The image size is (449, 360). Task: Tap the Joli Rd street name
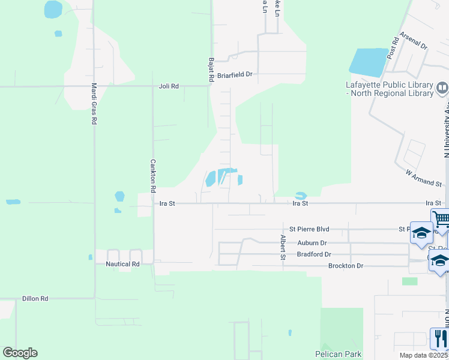tap(169, 86)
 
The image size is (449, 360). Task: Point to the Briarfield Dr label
tap(235, 75)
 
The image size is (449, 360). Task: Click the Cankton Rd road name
tap(153, 172)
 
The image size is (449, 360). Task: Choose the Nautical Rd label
tap(122, 264)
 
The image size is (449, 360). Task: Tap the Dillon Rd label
tap(35, 298)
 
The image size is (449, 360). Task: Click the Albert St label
tap(283, 247)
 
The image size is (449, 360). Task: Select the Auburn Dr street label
tap(312, 243)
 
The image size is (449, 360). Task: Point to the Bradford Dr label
tap(315, 254)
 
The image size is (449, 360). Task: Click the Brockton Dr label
tap(346, 266)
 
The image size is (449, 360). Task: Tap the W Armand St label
tap(423, 177)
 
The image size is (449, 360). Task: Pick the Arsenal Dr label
tap(413, 41)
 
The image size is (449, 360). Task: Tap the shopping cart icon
tap(441, 219)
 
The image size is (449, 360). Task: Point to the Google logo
tap(20, 353)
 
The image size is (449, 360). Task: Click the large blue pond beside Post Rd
tap(367, 62)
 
